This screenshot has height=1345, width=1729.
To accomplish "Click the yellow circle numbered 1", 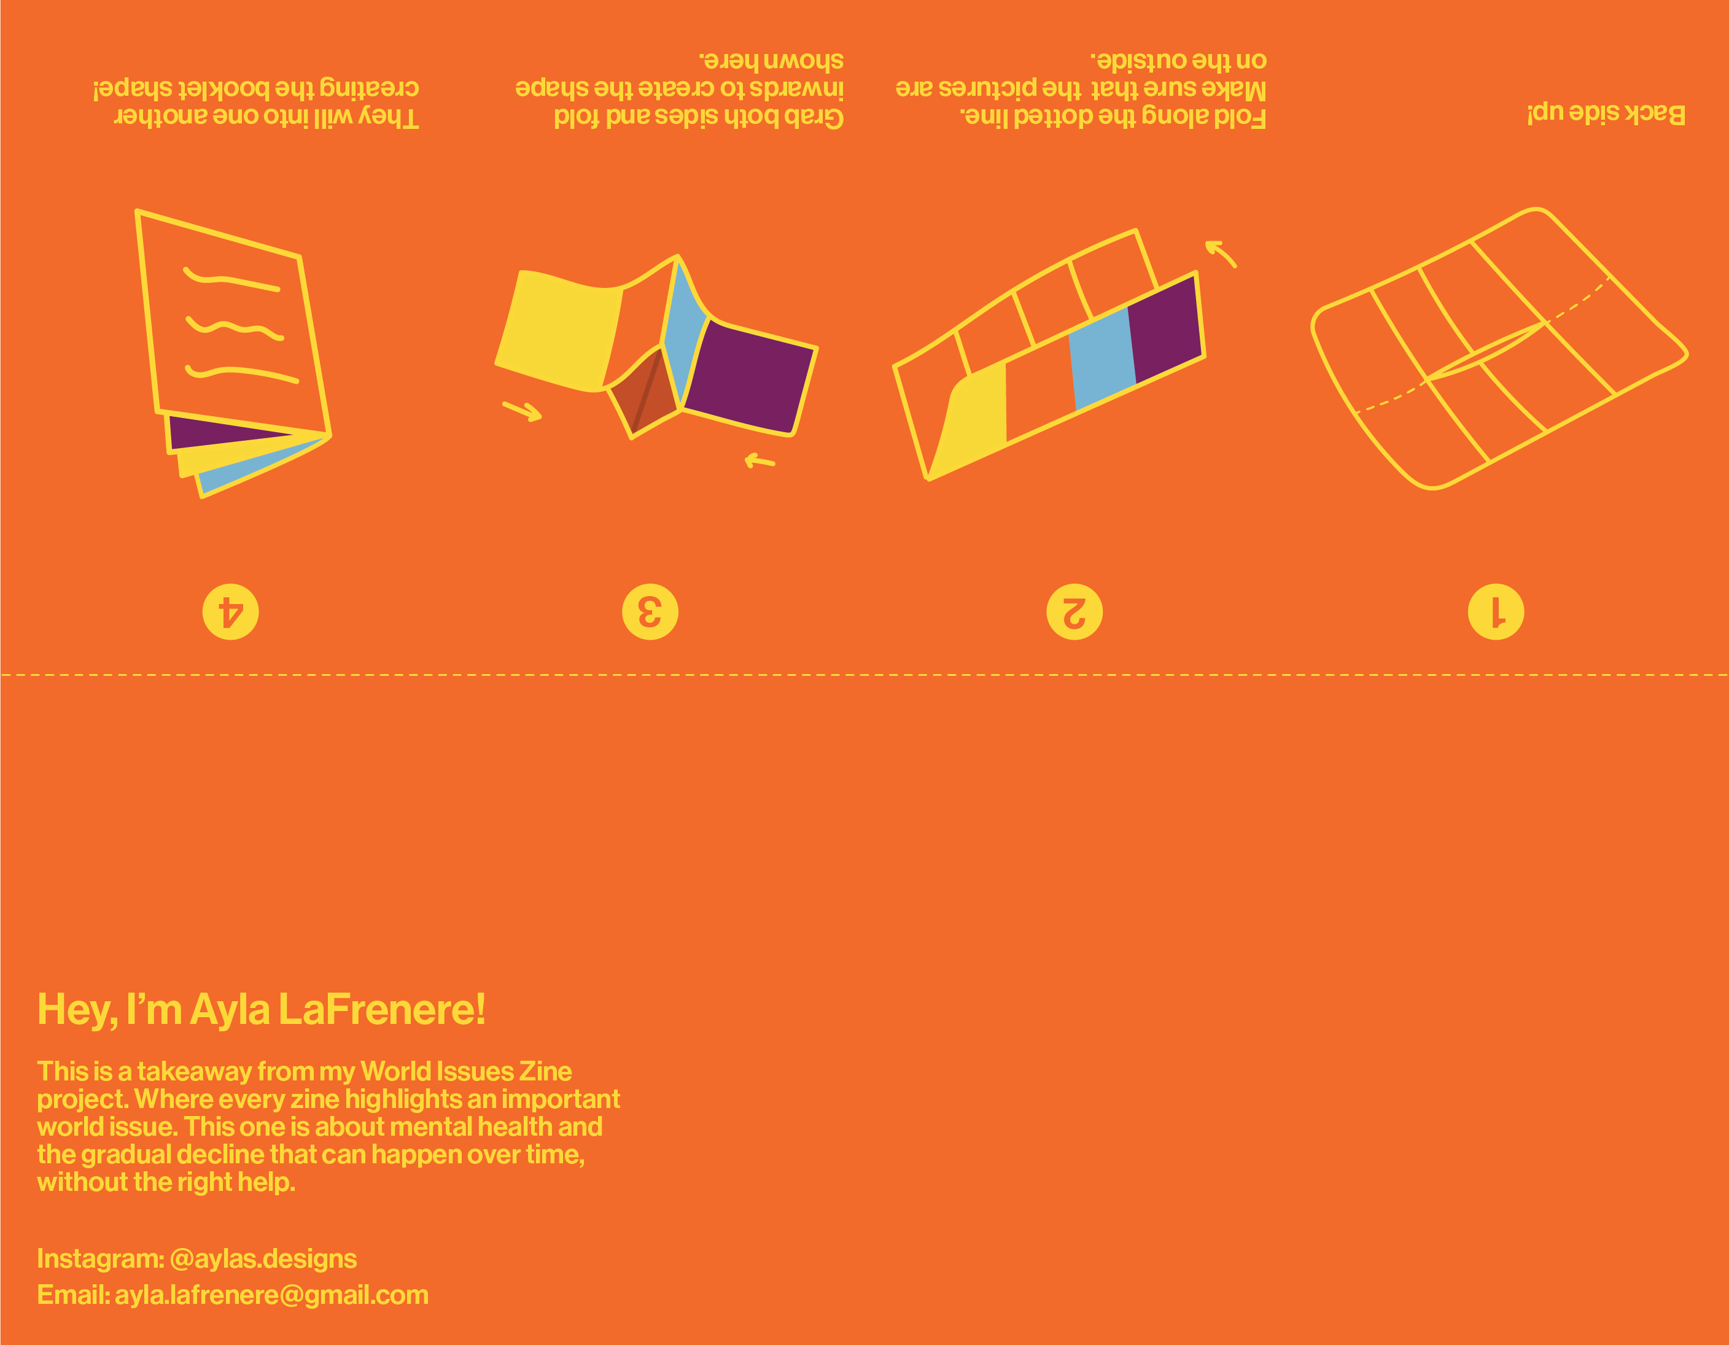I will click(x=1496, y=612).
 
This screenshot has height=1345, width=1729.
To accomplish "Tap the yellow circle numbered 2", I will click(x=1074, y=612).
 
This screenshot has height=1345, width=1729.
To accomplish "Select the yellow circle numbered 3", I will click(x=650, y=612).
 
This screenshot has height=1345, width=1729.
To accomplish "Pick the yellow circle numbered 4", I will click(x=230, y=612).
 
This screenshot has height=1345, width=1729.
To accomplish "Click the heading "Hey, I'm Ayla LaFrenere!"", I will click(x=261, y=1010).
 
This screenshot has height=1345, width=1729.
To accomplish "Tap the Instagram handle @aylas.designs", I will click(x=263, y=1258).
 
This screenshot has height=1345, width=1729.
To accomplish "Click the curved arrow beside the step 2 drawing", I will click(x=1221, y=254).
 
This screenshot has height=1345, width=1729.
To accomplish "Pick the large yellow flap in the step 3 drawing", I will click(x=561, y=328).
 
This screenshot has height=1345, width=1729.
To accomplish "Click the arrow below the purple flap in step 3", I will click(x=760, y=460).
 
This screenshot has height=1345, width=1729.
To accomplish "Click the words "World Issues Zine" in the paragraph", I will click(x=465, y=1071).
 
